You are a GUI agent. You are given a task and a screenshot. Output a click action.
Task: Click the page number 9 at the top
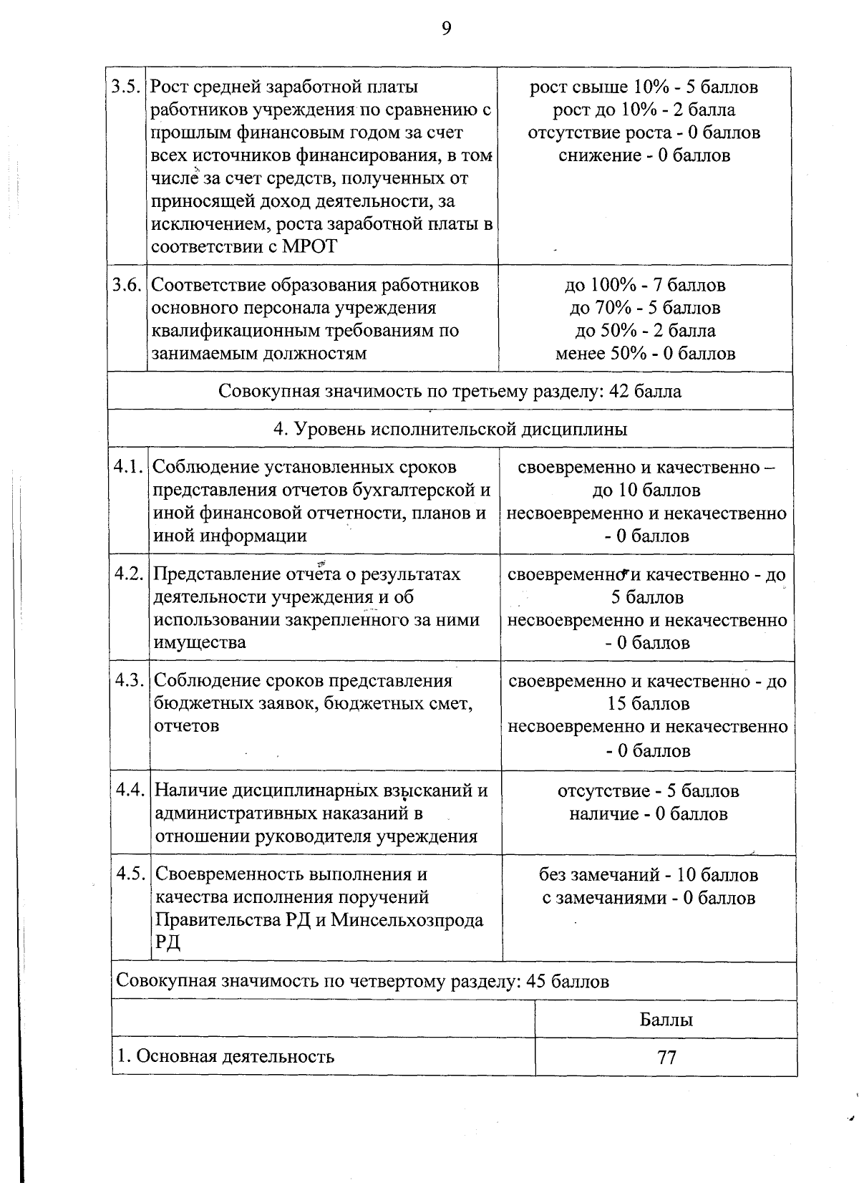[x=446, y=29]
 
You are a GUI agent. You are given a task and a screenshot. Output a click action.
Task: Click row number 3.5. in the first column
[x=126, y=87]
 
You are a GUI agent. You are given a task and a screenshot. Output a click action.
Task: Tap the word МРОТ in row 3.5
[x=310, y=247]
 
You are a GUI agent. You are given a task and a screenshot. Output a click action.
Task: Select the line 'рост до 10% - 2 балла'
[x=644, y=110]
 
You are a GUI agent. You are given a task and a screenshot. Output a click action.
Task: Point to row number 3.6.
[x=126, y=285]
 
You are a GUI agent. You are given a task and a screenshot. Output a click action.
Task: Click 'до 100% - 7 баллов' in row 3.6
[x=645, y=285]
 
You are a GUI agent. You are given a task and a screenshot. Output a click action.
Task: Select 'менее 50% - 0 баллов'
[x=645, y=354]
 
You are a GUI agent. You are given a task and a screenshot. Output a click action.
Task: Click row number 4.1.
[x=129, y=467]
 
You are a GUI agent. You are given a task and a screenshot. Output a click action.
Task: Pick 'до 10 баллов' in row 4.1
[x=646, y=491]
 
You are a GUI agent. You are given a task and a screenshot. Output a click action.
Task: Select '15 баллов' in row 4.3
[x=648, y=704]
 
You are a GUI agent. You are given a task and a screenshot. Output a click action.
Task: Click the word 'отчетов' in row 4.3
[x=187, y=726]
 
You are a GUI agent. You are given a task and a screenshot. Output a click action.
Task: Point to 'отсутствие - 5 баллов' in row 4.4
[x=648, y=791]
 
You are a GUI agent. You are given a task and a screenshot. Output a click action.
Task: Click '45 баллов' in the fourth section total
[x=567, y=981]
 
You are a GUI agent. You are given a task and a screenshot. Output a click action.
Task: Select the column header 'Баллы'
[x=666, y=1020]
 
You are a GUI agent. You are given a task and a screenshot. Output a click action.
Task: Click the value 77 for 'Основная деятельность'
[x=666, y=1058]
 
